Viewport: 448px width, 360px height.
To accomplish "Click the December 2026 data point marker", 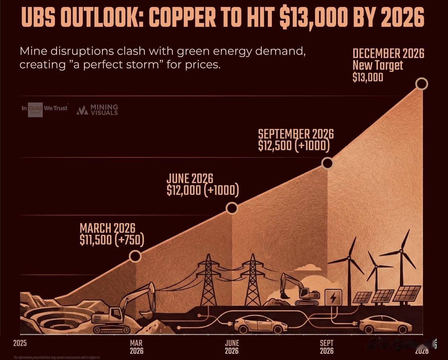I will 422,84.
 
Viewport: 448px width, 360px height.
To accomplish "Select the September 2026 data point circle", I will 327,163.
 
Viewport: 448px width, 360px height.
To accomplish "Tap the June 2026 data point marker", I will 232,208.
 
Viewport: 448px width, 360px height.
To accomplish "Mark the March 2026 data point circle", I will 135,256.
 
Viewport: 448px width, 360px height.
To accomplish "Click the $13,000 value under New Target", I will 368,77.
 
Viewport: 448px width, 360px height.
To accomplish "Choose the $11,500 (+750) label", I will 112,240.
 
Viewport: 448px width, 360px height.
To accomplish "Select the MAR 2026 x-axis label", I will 136,347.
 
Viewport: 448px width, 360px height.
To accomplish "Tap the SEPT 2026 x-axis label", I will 327,347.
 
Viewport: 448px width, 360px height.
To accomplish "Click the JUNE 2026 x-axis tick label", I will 232,347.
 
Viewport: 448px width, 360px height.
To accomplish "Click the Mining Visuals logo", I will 97,110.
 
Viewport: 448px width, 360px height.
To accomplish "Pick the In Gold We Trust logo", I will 44,109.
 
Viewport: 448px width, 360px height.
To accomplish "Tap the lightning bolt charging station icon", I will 332,298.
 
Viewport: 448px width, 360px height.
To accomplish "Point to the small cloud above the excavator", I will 308,268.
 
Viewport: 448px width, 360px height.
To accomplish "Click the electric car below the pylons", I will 260,325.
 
